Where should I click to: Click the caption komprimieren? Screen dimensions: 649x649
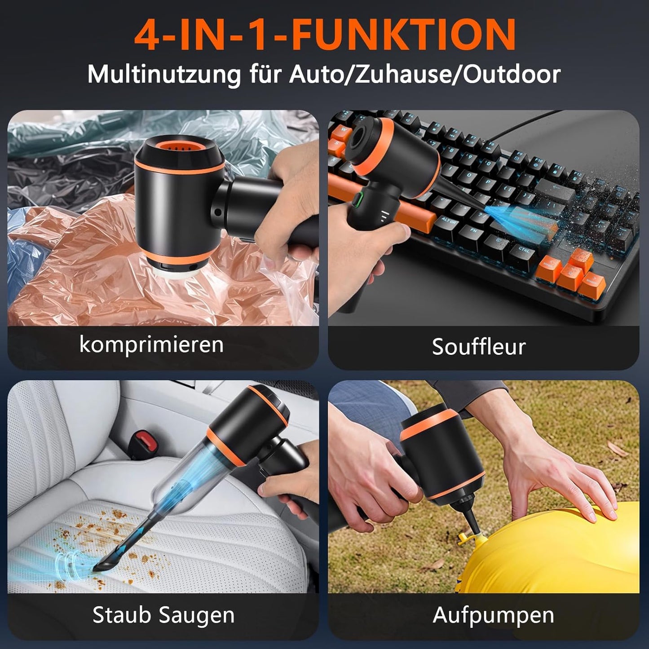point(151,345)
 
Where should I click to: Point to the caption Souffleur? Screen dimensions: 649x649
point(479,347)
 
